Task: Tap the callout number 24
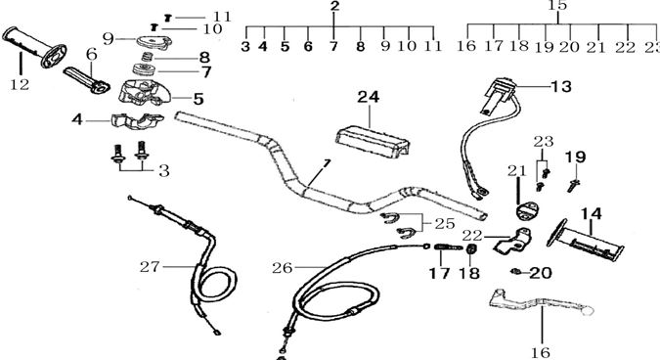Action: point(367,97)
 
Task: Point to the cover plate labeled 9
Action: point(150,40)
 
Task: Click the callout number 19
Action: point(575,157)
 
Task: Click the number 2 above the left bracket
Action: point(334,8)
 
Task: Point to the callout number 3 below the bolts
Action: point(163,170)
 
